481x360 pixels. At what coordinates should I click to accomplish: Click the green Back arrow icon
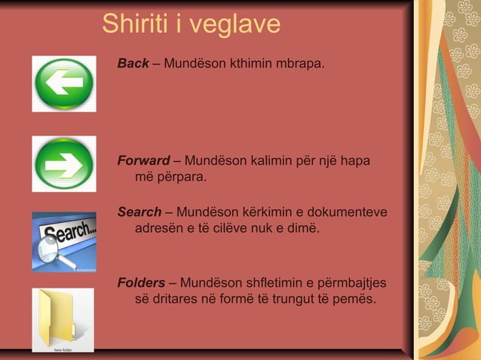63,84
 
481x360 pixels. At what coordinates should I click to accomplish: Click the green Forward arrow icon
63,163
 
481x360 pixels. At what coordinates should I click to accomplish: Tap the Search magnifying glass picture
63,241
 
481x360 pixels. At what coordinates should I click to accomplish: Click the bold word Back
133,63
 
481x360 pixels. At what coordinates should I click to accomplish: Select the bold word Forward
143,160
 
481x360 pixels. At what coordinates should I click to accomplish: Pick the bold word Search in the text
139,212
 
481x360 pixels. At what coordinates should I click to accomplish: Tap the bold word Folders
141,282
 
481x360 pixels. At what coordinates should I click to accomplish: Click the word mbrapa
301,63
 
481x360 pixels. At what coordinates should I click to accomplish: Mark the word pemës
357,299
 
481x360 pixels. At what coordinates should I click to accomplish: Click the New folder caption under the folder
63,349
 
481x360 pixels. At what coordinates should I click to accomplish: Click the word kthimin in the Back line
235,63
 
